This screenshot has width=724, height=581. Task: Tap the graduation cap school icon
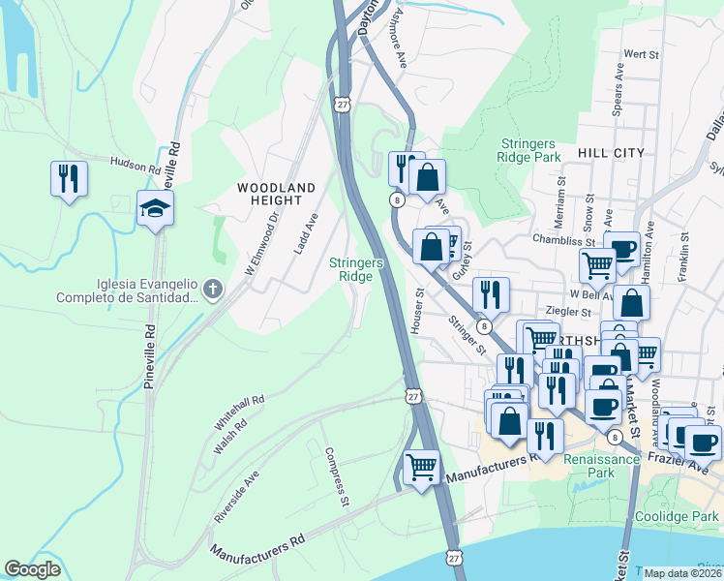coord(155,208)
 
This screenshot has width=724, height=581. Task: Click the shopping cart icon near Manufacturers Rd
coord(421,468)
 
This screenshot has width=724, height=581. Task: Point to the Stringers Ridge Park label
coord(528,149)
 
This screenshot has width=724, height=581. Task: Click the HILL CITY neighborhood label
coord(610,153)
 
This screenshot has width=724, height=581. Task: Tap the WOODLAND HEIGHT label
coord(277,194)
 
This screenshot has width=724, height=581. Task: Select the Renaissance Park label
coord(601,466)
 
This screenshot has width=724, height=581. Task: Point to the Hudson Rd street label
coord(135,167)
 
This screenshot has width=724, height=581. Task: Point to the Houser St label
coord(418,311)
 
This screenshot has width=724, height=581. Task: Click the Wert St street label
coord(641,55)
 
